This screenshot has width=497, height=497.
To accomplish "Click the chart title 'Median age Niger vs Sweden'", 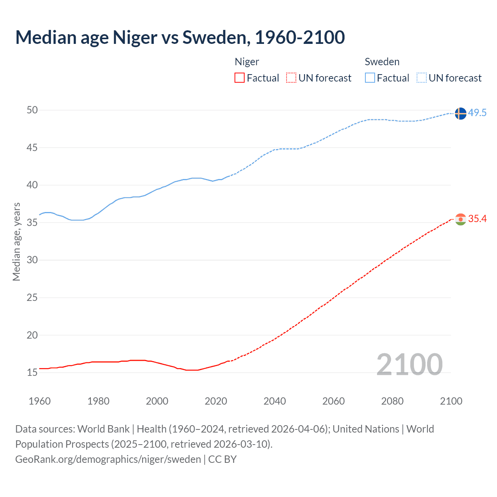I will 180,37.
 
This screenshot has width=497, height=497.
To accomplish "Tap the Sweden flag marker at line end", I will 460,113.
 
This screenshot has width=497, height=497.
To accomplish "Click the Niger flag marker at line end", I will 460,219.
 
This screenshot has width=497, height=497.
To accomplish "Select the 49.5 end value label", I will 477,113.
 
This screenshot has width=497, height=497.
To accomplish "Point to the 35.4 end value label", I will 477,219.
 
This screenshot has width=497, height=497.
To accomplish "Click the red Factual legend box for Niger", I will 240,78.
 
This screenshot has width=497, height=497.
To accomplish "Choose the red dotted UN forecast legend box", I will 291,78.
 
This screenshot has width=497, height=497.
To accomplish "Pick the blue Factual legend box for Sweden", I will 370,78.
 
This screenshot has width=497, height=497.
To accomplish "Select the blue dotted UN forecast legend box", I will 421,78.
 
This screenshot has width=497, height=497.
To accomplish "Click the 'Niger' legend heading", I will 247,62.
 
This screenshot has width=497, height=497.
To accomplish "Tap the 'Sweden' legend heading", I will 382,62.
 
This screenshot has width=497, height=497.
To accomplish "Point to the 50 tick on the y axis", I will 32,110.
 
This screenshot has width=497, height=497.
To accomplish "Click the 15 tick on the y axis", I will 32,373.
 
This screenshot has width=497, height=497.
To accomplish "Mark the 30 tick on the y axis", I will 32,260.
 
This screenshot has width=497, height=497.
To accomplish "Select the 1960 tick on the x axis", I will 40,401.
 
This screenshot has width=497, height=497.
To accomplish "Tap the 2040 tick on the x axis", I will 275,401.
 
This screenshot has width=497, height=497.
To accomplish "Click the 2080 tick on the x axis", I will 392,401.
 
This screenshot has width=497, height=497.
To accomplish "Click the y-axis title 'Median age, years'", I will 16,242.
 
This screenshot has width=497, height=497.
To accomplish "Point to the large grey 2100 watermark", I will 409,364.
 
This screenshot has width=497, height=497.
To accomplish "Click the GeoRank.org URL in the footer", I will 108,459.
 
